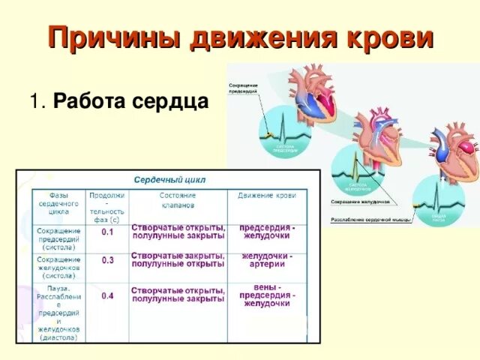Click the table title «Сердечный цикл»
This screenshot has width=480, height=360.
click(169, 180)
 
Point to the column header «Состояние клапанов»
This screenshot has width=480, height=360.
click(177, 199)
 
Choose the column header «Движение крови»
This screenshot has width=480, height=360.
click(267, 195)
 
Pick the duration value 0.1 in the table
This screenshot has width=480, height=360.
click(107, 232)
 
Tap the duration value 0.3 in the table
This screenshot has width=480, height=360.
click(107, 260)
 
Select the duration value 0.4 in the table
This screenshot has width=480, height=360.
click(107, 296)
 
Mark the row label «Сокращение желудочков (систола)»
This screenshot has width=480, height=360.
click(59, 267)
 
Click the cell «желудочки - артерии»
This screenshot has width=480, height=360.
click(267, 259)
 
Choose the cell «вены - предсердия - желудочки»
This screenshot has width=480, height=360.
click(267, 295)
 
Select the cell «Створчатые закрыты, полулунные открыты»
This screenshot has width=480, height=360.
click(178, 259)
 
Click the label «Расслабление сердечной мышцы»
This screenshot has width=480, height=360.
click(368, 220)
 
